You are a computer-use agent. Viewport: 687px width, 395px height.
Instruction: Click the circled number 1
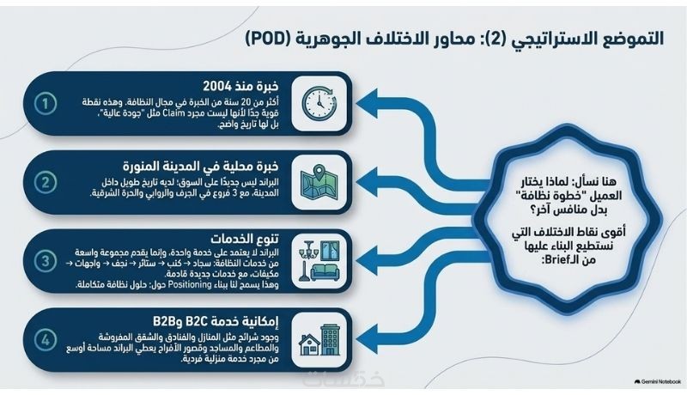pyautogui.click(x=46, y=104)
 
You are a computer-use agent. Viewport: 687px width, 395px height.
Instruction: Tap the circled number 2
pyautogui.click(x=46, y=182)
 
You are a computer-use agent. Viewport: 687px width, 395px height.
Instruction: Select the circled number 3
pyautogui.click(x=46, y=261)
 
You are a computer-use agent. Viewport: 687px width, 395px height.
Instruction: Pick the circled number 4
pyautogui.click(x=46, y=340)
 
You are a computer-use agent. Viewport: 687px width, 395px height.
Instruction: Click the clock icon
pyautogui.click(x=319, y=104)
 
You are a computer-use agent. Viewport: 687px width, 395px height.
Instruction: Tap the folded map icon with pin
pyautogui.click(x=319, y=182)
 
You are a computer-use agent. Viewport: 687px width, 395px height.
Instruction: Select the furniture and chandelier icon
pyautogui.click(x=319, y=260)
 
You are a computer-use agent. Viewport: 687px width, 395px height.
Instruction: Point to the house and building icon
pyautogui.click(x=319, y=339)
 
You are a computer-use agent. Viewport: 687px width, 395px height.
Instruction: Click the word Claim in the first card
pyautogui.click(x=173, y=113)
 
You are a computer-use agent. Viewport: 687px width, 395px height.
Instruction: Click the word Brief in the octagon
pyautogui.click(x=556, y=259)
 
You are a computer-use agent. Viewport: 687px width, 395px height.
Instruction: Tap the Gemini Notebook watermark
pyautogui.click(x=658, y=382)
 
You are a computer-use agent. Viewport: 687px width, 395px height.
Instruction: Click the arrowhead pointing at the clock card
pyautogui.click(x=368, y=103)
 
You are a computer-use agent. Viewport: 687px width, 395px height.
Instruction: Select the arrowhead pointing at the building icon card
pyautogui.click(x=368, y=339)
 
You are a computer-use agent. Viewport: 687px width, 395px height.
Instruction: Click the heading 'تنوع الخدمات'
pyautogui.click(x=245, y=239)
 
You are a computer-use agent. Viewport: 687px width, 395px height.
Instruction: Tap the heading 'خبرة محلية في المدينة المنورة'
pyautogui.click(x=201, y=167)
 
